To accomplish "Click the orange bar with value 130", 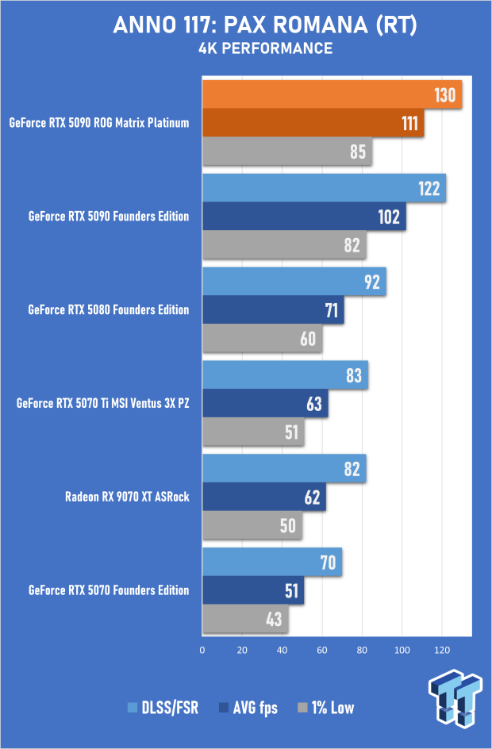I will click(332, 95).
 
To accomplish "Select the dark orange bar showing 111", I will click(313, 123).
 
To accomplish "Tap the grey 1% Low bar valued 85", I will click(287, 151).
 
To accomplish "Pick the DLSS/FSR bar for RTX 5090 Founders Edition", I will click(324, 188).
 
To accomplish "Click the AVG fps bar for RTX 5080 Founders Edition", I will click(273, 309).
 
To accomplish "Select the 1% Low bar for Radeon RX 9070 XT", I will click(252, 524).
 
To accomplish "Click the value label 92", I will click(371, 282).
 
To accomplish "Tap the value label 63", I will click(313, 403).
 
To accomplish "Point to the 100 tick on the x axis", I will click(402, 650).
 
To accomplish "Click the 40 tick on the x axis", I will click(283, 650).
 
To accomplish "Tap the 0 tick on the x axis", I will click(203, 650).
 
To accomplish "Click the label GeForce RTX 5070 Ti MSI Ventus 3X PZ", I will click(103, 403).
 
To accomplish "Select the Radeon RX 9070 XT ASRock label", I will click(127, 497).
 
